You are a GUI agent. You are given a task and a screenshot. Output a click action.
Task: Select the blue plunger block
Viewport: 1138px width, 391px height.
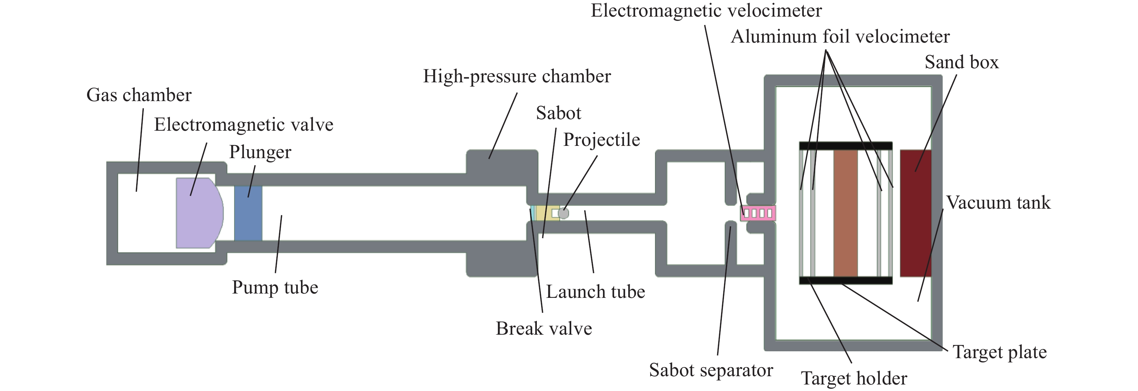click(x=248, y=213)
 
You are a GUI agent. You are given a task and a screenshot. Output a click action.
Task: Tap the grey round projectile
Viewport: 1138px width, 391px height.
click(x=564, y=213)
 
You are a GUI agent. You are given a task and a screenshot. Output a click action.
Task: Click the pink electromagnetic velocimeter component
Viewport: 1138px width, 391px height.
click(x=758, y=213)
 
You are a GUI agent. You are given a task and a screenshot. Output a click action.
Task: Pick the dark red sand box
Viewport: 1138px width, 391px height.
click(x=915, y=213)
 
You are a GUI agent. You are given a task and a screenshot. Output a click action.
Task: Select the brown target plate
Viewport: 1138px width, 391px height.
click(x=845, y=213)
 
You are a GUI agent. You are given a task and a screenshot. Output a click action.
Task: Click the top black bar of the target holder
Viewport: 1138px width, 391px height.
click(x=845, y=145)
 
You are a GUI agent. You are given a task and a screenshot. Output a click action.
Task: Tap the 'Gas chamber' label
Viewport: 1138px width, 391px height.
click(x=139, y=95)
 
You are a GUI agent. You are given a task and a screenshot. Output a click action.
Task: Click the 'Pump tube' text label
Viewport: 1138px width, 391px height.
click(x=275, y=287)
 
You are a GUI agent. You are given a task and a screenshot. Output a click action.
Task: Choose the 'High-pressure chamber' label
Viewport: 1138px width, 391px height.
click(x=517, y=76)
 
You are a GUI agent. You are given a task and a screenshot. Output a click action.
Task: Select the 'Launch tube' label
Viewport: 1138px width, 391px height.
click(x=595, y=292)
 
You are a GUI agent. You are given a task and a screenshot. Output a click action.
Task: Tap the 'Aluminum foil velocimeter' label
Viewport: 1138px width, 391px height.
click(x=840, y=36)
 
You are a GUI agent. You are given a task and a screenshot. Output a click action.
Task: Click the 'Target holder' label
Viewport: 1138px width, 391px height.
click(x=854, y=379)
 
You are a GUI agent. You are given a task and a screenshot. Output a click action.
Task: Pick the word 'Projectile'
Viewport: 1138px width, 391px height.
click(x=601, y=140)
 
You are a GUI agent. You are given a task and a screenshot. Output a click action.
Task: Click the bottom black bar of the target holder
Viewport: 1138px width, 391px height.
click(x=845, y=280)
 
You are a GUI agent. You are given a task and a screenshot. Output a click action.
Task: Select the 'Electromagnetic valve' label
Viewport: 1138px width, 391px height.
click(x=243, y=125)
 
